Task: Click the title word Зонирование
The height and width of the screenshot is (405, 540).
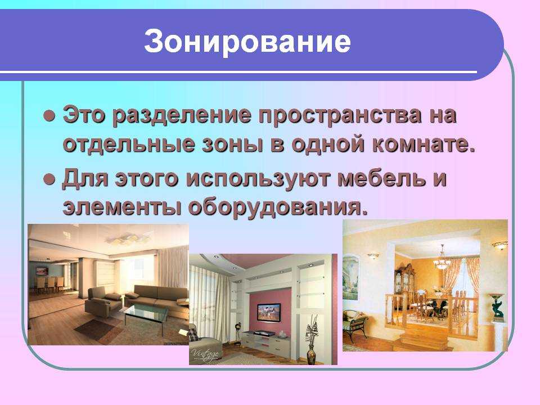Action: pyautogui.click(x=247, y=42)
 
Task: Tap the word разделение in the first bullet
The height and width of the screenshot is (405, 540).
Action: pyautogui.click(x=182, y=115)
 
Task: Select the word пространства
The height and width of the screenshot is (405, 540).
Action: pyautogui.click(x=340, y=115)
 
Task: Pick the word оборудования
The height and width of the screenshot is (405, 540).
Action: pyautogui.click(x=277, y=208)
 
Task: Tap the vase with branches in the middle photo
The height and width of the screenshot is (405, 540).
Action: pyautogui.click(x=312, y=339)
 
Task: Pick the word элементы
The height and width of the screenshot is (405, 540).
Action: pyautogui.click(x=121, y=208)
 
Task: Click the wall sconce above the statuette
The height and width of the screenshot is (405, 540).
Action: pyautogui.click(x=499, y=245)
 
